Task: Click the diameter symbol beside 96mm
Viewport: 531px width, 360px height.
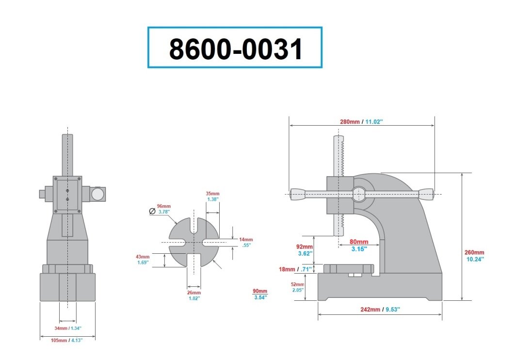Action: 152,211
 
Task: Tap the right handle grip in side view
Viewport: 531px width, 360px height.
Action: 426,194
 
